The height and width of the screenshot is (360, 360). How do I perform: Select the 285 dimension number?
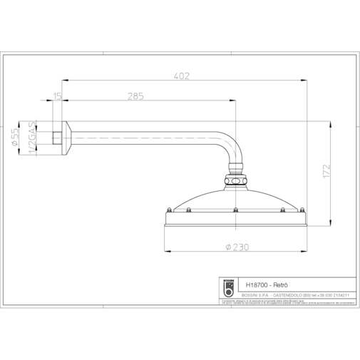point(136,96)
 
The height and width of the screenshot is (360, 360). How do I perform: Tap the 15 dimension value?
point(58,96)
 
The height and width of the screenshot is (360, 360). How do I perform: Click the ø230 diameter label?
point(235,247)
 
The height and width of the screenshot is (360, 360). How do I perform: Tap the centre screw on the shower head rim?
point(235,210)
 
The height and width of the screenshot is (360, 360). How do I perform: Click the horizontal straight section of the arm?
point(143,135)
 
